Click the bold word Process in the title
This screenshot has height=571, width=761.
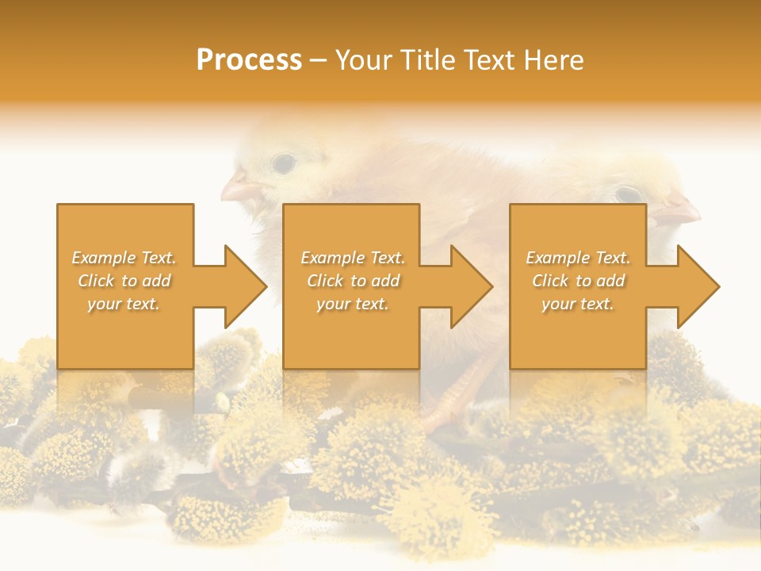tap(249, 60)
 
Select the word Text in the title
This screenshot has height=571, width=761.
tap(488, 60)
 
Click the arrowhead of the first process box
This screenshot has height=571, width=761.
tap(246, 286)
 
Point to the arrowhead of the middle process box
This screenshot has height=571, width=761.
tap(472, 286)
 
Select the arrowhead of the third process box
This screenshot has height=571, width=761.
tap(698, 286)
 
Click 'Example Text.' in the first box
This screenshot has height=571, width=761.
tap(124, 258)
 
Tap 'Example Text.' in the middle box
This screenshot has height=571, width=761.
tap(353, 258)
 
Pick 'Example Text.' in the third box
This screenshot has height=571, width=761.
tap(578, 258)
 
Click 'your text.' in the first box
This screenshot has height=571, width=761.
tap(124, 304)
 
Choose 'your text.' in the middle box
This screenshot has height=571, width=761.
tap(353, 304)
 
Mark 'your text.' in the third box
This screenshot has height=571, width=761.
tap(578, 304)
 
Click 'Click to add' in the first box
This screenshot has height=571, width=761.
tap(124, 281)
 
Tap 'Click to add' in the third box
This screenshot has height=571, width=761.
tap(578, 281)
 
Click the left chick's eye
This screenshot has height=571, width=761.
tap(283, 163)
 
